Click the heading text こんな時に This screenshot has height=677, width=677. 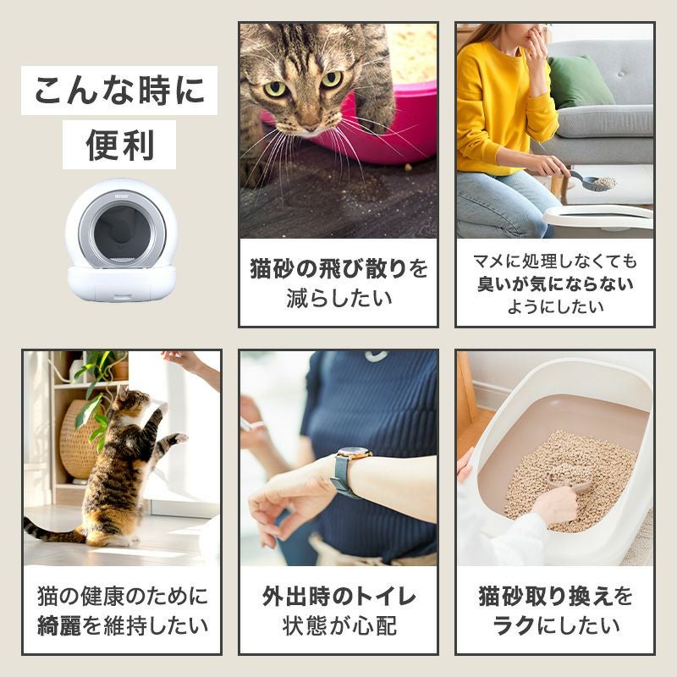[x=118, y=91]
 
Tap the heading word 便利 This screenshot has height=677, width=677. [x=119, y=145]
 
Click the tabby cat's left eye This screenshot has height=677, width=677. [x=276, y=88]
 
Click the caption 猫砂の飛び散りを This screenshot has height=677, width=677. [x=338, y=269]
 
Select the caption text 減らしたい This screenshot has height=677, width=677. [x=338, y=298]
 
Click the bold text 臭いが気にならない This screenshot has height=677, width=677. [x=555, y=283]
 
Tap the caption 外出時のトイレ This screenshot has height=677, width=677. [x=338, y=597]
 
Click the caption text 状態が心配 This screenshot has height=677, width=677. [x=338, y=627]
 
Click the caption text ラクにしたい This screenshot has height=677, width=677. [x=555, y=627]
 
